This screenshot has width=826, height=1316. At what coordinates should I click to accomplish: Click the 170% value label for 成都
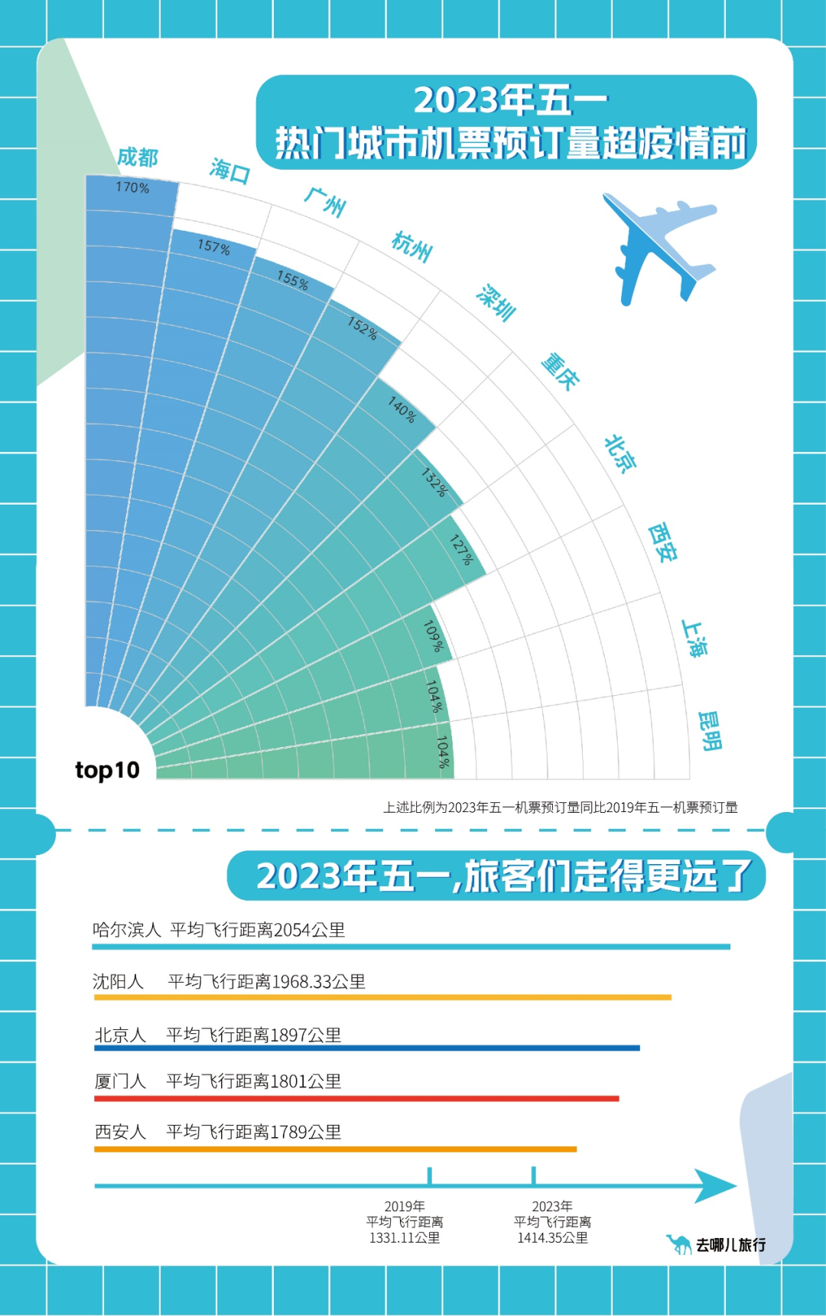[x=132, y=187]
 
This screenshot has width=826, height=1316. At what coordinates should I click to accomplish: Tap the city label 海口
[x=230, y=171]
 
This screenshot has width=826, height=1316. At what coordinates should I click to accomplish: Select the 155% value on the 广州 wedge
[x=293, y=281]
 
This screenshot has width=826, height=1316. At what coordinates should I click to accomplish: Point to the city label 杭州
[x=412, y=246]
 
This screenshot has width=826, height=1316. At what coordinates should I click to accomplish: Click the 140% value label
[x=402, y=409]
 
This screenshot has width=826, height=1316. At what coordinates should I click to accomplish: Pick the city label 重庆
[x=560, y=372]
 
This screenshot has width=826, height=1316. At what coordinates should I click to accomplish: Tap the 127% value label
[x=462, y=550]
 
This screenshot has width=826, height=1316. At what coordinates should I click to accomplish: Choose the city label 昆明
[x=710, y=731]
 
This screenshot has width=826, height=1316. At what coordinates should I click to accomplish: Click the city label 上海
[x=695, y=639]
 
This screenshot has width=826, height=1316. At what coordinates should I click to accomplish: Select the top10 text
[x=107, y=770]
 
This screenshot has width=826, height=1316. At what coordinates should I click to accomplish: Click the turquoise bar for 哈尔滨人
[x=411, y=947]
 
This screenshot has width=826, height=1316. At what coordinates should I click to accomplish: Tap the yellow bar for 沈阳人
[x=382, y=997]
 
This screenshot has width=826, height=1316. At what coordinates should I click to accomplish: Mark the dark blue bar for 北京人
[x=366, y=1048]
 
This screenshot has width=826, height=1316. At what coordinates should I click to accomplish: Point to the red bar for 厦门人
[x=356, y=1099]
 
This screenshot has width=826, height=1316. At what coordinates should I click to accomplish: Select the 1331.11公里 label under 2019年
[x=405, y=1238]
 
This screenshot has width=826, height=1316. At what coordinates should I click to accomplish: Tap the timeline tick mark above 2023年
[x=533, y=1176]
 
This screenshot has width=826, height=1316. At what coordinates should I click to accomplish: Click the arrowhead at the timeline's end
[x=714, y=1186]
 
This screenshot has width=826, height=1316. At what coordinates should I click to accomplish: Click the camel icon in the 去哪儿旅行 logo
[x=678, y=1244]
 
